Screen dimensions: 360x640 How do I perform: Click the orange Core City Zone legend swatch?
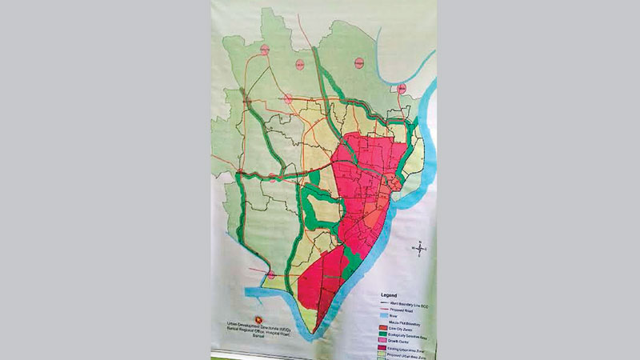point(383,328)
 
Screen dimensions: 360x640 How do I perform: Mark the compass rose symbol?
point(422,249)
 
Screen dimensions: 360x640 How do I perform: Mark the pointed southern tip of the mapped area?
point(317,332)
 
